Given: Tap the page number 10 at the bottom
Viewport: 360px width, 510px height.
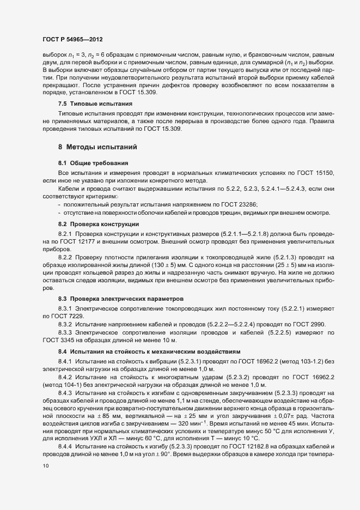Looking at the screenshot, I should [45, 481].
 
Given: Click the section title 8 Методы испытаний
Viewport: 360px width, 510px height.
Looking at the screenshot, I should [93, 147].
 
